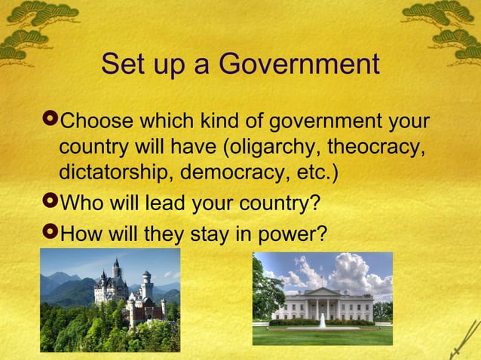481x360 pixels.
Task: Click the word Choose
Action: [x=93, y=121]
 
